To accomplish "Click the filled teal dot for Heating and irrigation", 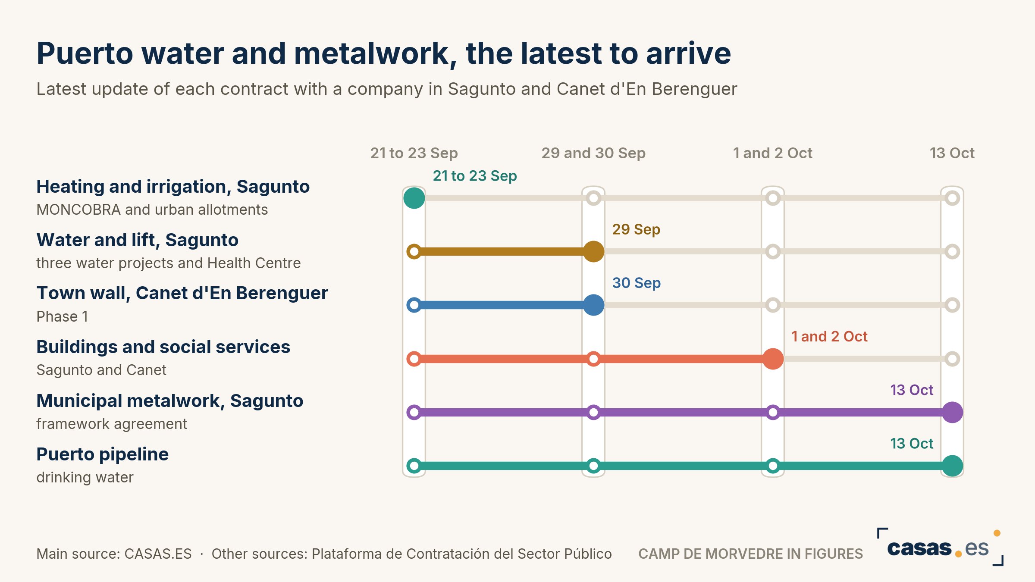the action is [414, 198].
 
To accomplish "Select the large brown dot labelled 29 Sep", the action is [593, 251].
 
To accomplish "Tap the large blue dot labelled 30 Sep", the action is [593, 305].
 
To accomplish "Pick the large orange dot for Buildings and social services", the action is [773, 359].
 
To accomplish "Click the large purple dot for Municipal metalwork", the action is [952, 412].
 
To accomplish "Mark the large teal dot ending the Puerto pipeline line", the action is [952, 466].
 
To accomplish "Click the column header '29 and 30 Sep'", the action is [593, 153].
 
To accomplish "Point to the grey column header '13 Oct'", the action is [952, 153].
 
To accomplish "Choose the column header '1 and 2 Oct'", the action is [772, 153].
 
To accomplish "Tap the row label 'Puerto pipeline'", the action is [102, 454].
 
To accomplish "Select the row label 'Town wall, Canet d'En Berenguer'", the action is [182, 293].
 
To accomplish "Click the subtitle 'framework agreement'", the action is [112, 424].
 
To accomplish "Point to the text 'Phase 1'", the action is [62, 316].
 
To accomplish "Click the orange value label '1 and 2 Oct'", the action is [829, 336].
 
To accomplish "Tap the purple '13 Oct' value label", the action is [912, 390].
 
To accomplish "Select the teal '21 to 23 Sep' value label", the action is [475, 176].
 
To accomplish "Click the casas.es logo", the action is [940, 548].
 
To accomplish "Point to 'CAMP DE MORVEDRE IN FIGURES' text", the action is [750, 554].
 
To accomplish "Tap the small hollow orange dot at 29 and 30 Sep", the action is [593, 359].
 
